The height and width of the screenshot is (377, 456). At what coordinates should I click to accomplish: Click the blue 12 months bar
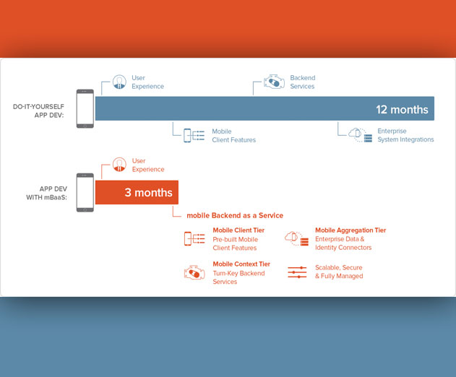264,108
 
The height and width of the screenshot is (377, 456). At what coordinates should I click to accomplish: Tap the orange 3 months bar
137,192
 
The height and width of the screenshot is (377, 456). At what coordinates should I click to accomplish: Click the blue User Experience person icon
119,82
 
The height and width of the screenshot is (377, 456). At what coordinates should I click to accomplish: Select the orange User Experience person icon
119,165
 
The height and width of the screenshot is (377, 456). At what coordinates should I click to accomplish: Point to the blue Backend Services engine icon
274,82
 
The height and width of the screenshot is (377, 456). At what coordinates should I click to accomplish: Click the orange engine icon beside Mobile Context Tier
194,273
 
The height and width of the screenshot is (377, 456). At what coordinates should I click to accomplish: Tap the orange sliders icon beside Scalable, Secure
297,272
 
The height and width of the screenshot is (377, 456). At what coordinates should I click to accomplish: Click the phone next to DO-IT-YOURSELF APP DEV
85,108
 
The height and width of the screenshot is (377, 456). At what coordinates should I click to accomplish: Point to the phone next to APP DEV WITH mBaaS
85,192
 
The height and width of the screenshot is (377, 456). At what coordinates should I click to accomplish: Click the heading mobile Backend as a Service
235,215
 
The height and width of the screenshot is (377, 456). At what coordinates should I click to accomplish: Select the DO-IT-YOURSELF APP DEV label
38,110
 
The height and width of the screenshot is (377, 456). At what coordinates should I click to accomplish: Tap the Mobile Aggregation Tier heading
350,230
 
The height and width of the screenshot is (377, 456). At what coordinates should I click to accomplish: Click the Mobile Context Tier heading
241,264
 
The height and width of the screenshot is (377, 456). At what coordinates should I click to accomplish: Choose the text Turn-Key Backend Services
238,277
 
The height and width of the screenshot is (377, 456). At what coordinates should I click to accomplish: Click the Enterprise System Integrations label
405,135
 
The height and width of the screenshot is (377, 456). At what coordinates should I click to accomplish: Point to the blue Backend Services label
303,82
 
